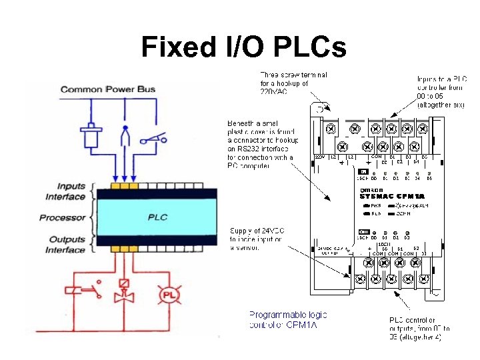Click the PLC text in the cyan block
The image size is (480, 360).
(157, 217)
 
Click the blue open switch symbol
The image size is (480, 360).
(153, 139)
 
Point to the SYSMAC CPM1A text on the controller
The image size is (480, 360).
(392, 196)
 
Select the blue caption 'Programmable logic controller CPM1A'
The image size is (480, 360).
(288, 319)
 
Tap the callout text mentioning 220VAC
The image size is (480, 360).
(285, 83)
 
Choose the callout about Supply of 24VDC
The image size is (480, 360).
(257, 239)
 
